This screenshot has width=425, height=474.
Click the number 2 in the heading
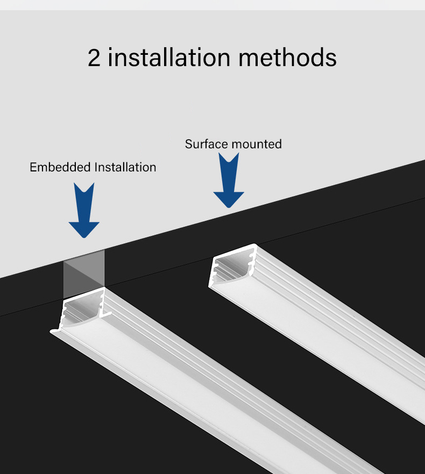94,58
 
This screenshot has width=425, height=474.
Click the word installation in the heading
169,57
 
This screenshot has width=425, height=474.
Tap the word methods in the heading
288,57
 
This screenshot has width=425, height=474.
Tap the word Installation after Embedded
125,167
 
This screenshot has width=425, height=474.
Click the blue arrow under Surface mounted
229,180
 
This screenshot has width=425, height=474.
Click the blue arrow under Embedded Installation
84,210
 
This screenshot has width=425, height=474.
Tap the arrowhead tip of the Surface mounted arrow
229,208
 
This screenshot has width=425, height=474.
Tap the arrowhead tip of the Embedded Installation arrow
84,238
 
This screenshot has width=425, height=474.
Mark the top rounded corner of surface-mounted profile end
255,245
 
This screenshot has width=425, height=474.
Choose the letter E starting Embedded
33,167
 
